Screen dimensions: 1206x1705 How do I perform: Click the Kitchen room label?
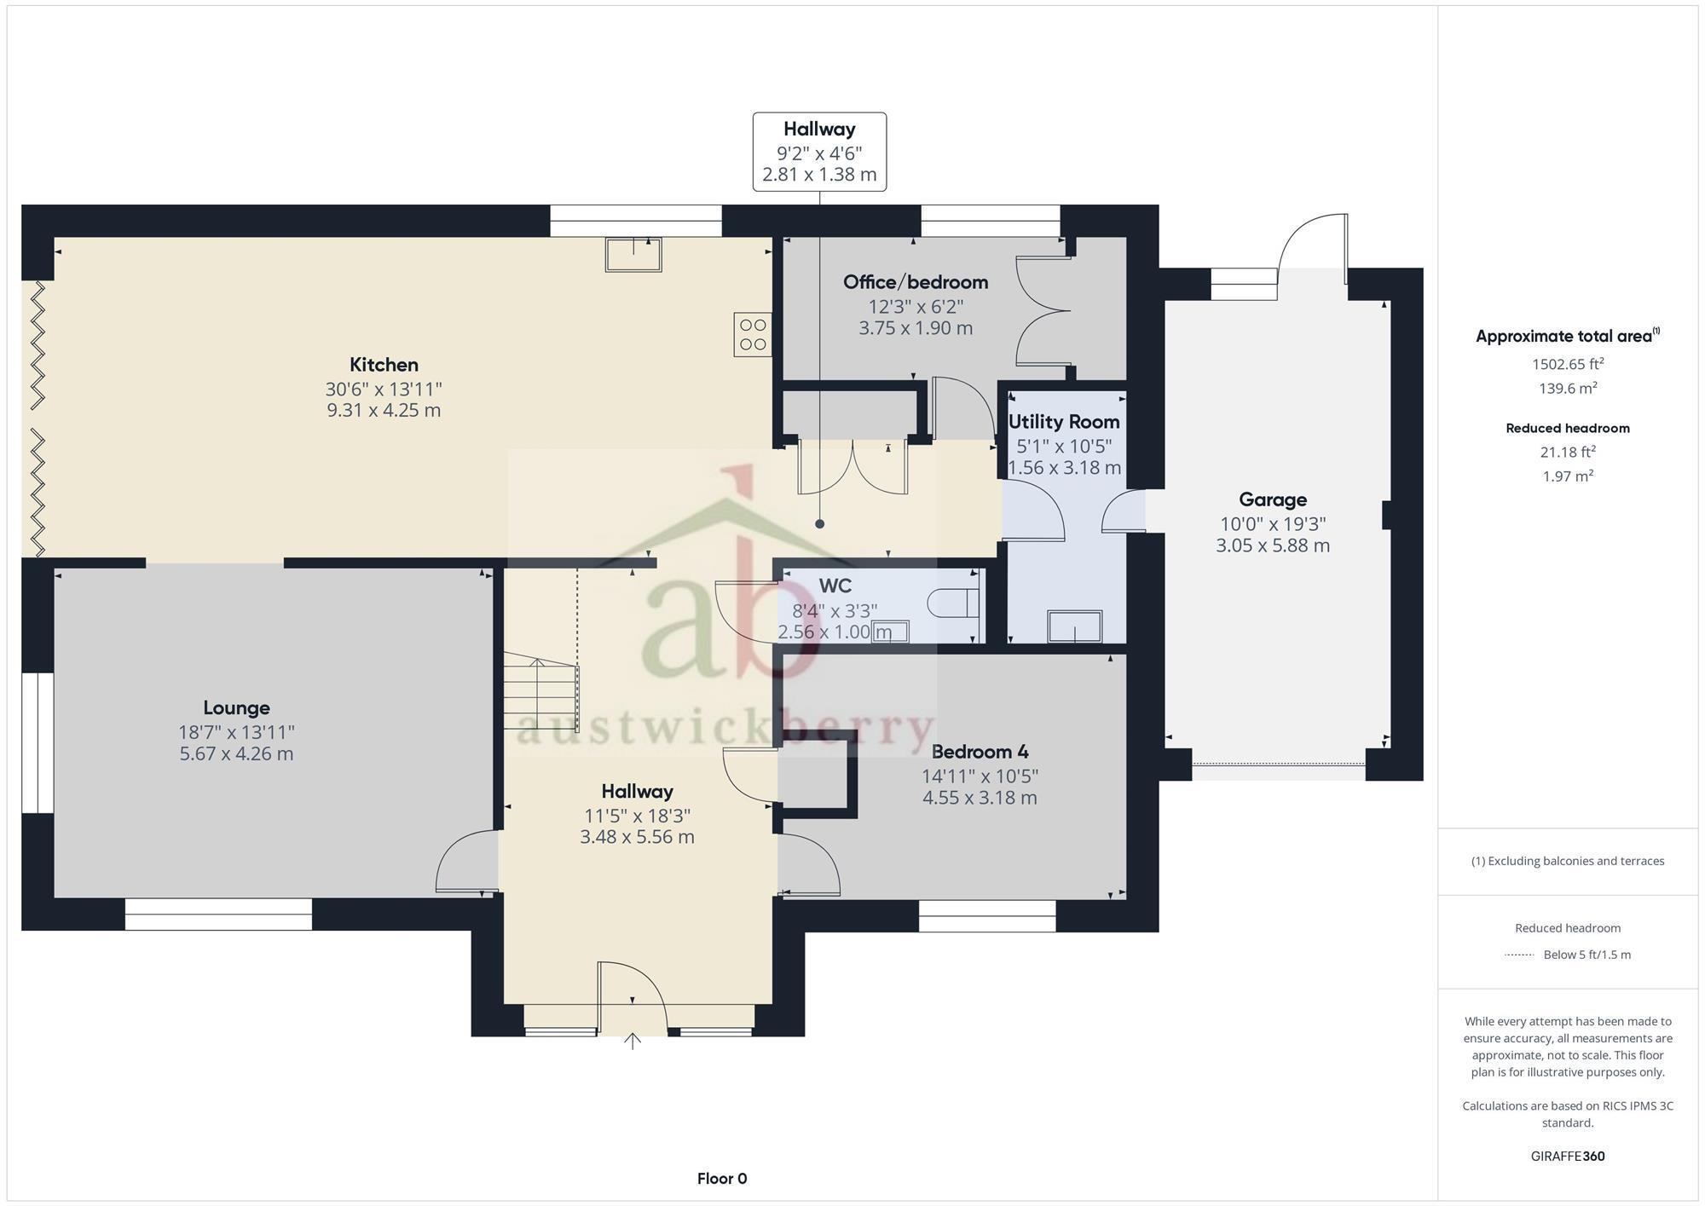tap(384, 365)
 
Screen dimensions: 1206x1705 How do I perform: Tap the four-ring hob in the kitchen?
tap(753, 334)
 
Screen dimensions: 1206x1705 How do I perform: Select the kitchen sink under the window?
tap(633, 254)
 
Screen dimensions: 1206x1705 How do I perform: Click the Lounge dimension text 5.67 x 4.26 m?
tap(236, 753)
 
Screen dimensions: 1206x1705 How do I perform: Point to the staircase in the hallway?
tap(540, 691)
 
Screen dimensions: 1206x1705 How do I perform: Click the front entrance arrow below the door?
tap(632, 1040)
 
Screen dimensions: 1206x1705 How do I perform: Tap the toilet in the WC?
tap(956, 603)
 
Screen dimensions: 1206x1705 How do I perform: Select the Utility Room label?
tap(1064, 422)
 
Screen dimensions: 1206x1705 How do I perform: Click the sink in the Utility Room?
tap(1074, 626)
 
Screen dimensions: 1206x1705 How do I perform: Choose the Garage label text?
tap(1272, 499)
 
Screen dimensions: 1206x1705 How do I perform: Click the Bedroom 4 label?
tap(980, 752)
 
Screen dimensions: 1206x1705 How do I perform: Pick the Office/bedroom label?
tap(916, 282)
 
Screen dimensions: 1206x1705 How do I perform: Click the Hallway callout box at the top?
tap(819, 152)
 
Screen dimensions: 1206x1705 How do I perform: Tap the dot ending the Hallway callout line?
tap(819, 524)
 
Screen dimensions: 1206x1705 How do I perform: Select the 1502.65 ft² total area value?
tap(1568, 364)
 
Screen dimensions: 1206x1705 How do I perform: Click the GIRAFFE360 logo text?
tap(1568, 1157)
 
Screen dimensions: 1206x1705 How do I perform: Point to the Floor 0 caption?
tap(722, 1179)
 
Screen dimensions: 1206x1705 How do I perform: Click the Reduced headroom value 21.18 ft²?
tap(1568, 453)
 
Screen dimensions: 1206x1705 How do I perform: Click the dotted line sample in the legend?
tap(1519, 955)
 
